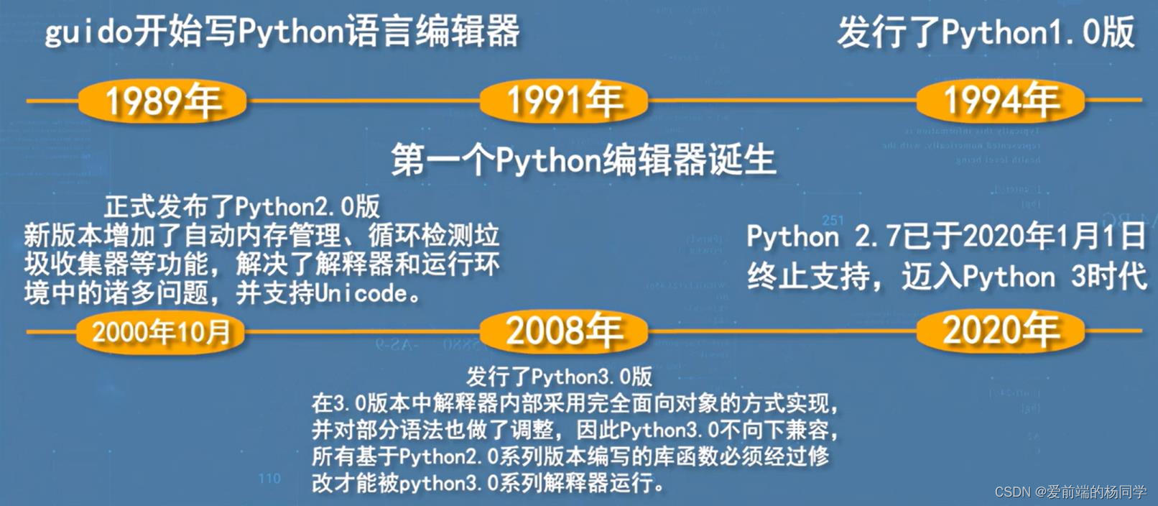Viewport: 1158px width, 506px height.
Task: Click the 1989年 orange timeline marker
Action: point(162,101)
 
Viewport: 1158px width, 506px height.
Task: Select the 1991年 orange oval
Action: point(564,101)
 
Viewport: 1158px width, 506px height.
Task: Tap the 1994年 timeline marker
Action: point(1000,101)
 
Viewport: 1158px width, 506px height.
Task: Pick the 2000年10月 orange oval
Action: point(161,332)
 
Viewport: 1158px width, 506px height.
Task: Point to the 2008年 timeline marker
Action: point(564,332)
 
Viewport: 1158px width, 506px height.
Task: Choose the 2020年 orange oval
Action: point(1000,331)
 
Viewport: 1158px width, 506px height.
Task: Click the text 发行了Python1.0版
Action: point(986,33)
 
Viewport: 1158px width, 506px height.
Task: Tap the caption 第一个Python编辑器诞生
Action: point(583,160)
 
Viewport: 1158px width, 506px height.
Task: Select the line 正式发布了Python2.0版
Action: point(242,207)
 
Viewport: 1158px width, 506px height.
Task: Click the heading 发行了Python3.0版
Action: point(559,377)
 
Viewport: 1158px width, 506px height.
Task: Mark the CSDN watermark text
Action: point(1070,492)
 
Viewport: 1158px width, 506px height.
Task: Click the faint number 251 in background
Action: point(833,220)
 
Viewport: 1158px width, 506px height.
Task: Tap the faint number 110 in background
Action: point(269,478)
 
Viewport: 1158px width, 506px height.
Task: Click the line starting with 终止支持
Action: point(946,277)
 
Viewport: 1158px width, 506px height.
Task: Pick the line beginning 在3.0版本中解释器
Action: point(575,403)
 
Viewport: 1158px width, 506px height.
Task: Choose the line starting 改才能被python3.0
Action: point(488,482)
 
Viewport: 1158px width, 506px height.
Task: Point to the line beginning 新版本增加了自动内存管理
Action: point(261,236)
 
